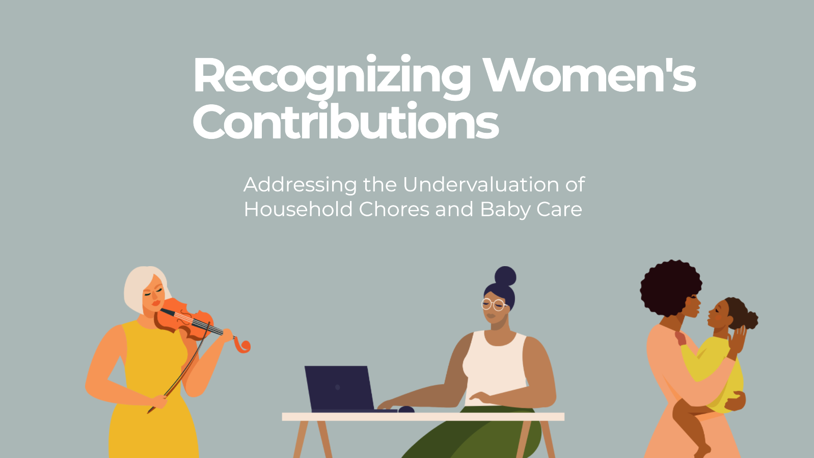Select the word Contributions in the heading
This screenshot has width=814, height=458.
(345, 122)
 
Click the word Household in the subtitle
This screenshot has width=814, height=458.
(299, 209)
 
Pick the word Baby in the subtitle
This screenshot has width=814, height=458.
(504, 210)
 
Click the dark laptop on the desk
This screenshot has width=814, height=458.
(339, 388)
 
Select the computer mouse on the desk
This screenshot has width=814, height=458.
(406, 409)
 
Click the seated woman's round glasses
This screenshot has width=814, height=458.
(493, 305)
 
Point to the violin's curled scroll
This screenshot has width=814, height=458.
(243, 346)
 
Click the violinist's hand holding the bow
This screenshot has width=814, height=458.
(159, 402)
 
